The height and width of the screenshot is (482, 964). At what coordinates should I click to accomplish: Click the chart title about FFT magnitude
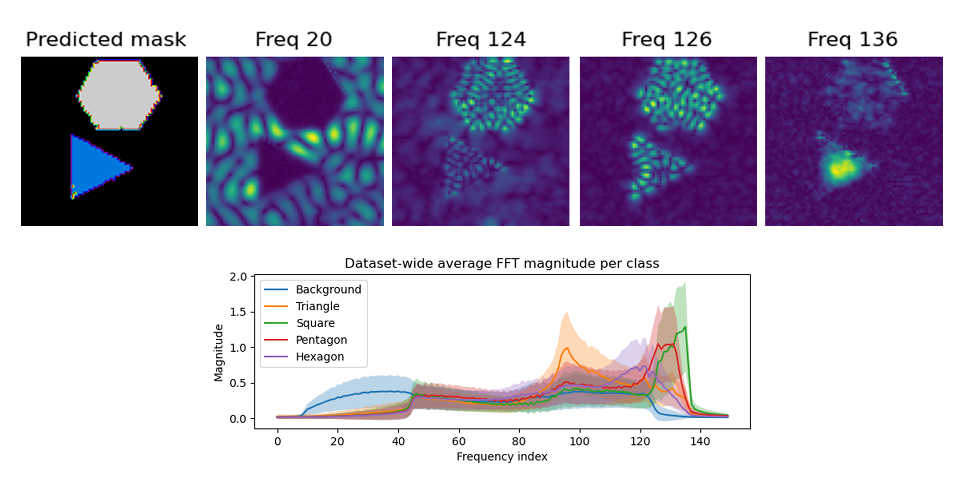point(502,263)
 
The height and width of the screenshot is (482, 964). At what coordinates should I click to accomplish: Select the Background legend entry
point(328,289)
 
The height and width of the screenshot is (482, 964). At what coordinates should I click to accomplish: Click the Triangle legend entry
point(317,306)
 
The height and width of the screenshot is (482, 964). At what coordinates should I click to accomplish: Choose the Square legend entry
point(315,323)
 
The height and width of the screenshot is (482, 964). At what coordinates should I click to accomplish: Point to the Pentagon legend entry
point(321,340)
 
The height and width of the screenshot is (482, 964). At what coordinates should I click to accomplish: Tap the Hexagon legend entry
point(320,357)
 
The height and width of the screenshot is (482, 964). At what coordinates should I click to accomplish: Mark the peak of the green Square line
point(685,327)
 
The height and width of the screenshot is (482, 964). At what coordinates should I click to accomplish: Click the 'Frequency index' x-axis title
point(502,456)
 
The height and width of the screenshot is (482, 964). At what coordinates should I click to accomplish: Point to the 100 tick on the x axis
point(579,442)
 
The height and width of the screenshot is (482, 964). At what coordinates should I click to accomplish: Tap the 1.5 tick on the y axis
point(238,312)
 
